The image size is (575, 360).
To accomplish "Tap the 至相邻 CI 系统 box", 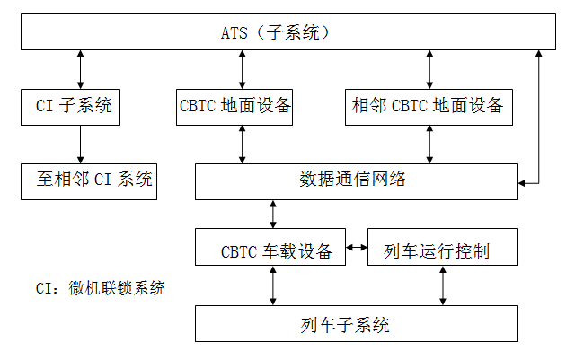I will pos(88,180).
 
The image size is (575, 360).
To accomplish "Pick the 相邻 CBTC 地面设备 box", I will pos(428,106).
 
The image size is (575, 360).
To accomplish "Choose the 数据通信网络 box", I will pos(357,180).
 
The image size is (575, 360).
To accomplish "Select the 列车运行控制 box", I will pos(442,248).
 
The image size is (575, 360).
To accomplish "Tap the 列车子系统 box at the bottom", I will pos(357,323).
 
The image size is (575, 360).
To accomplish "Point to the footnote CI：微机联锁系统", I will pos(101,288).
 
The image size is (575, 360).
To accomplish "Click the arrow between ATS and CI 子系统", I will pos(80,68).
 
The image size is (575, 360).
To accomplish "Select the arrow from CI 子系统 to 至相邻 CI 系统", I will pos(80,144).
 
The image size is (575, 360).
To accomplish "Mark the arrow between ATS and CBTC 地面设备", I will pos(242,68).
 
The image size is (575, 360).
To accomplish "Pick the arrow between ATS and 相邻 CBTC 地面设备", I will pos(429,68).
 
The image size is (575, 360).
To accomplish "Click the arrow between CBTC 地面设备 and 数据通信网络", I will pos(242,144).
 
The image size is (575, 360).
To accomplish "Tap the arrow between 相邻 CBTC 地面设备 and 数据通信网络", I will pos(429,144).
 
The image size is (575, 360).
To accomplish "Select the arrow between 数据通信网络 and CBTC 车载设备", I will pos(272,214).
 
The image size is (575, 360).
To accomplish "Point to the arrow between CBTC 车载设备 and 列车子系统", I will pos(272,285).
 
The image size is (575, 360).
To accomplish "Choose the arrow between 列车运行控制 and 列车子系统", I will pos(442,285).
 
